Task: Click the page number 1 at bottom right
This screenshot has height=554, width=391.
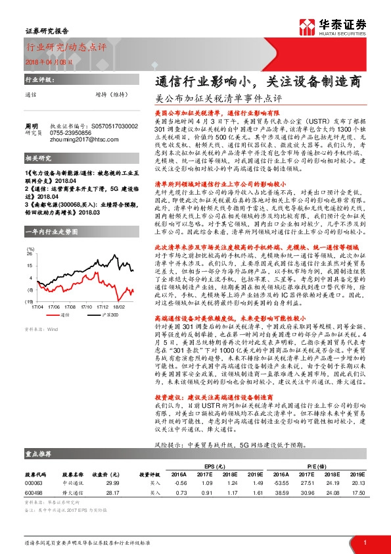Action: click(364, 541)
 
